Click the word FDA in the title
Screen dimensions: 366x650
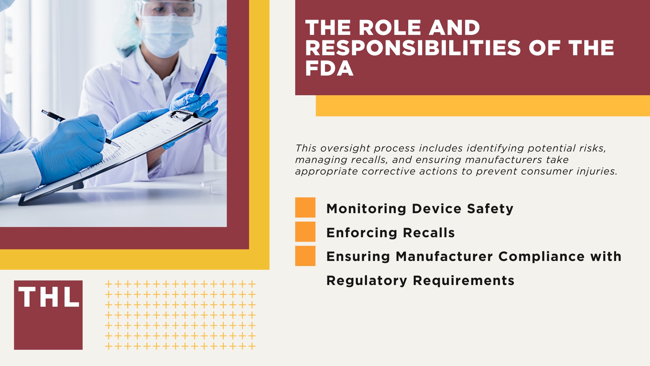click(329, 68)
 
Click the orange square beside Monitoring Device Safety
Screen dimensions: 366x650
click(305, 207)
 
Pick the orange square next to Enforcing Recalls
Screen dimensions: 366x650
click(305, 232)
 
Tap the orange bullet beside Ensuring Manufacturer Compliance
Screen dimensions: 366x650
click(305, 256)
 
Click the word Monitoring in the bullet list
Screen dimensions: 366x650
click(366, 209)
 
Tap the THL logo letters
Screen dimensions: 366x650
click(48, 297)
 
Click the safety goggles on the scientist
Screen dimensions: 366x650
click(169, 9)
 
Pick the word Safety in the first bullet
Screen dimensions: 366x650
click(490, 209)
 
